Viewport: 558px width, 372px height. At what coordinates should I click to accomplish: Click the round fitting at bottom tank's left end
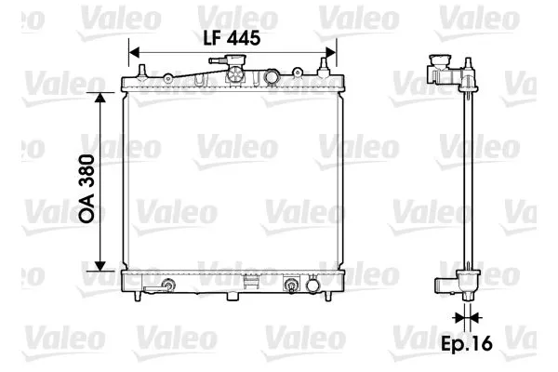pyautogui.click(x=167, y=286)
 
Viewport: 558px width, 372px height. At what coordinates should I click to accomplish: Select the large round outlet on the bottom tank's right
pyautogui.click(x=291, y=285)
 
